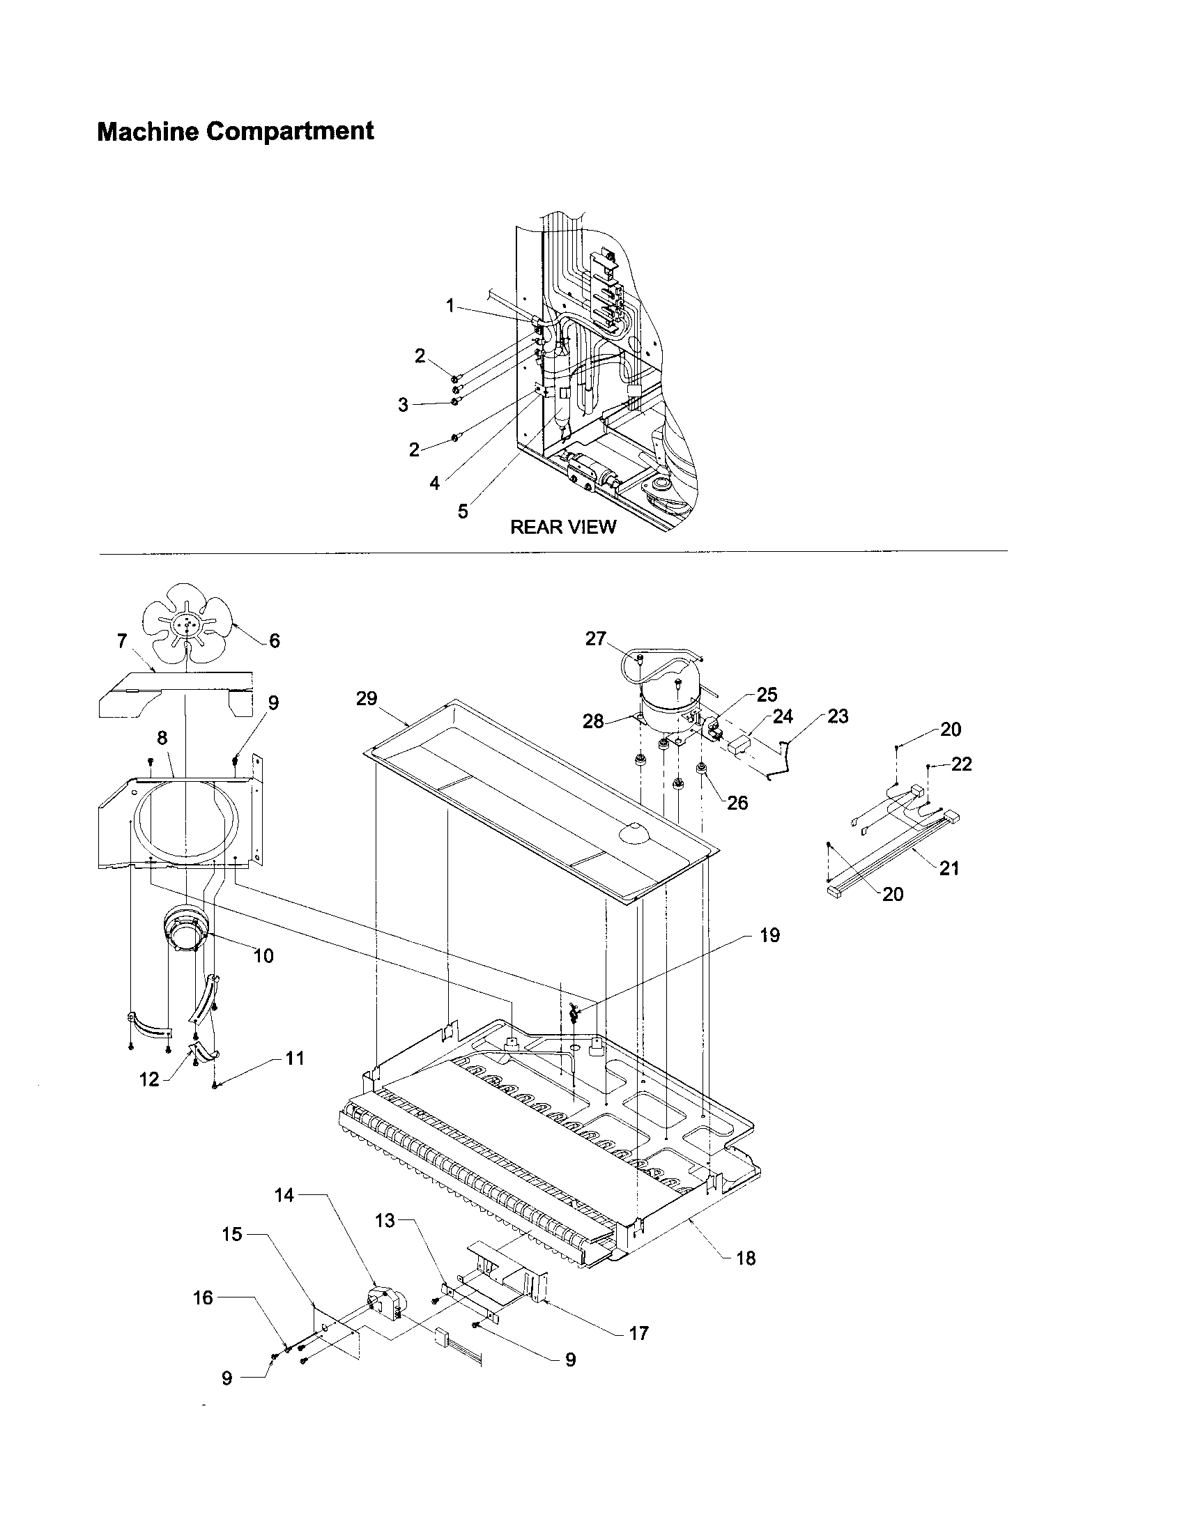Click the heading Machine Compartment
[235, 131]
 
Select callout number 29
[367, 698]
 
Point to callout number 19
[769, 935]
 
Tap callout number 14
[284, 1194]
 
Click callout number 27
[595, 639]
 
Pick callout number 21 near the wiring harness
[949, 868]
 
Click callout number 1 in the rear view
[450, 305]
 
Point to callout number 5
[463, 511]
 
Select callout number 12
[150, 1079]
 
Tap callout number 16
[203, 1298]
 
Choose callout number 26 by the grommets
[737, 802]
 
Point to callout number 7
[122, 641]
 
